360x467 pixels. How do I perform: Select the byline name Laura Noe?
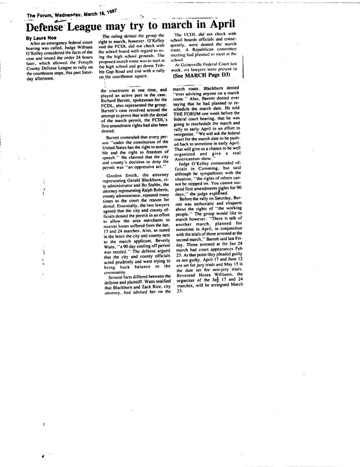pos(43,38)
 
